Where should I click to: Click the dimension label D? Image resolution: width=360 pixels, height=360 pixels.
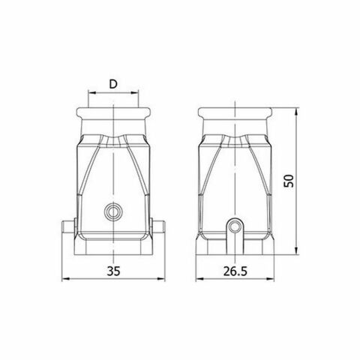tap(113, 83)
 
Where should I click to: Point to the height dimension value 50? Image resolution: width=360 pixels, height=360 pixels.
tap(289, 181)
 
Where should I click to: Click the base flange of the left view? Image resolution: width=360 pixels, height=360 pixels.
tap(113, 247)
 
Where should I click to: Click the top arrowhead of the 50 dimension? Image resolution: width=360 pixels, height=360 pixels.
tap(298, 111)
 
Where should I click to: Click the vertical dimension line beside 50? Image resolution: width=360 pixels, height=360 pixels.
tap(298, 150)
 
